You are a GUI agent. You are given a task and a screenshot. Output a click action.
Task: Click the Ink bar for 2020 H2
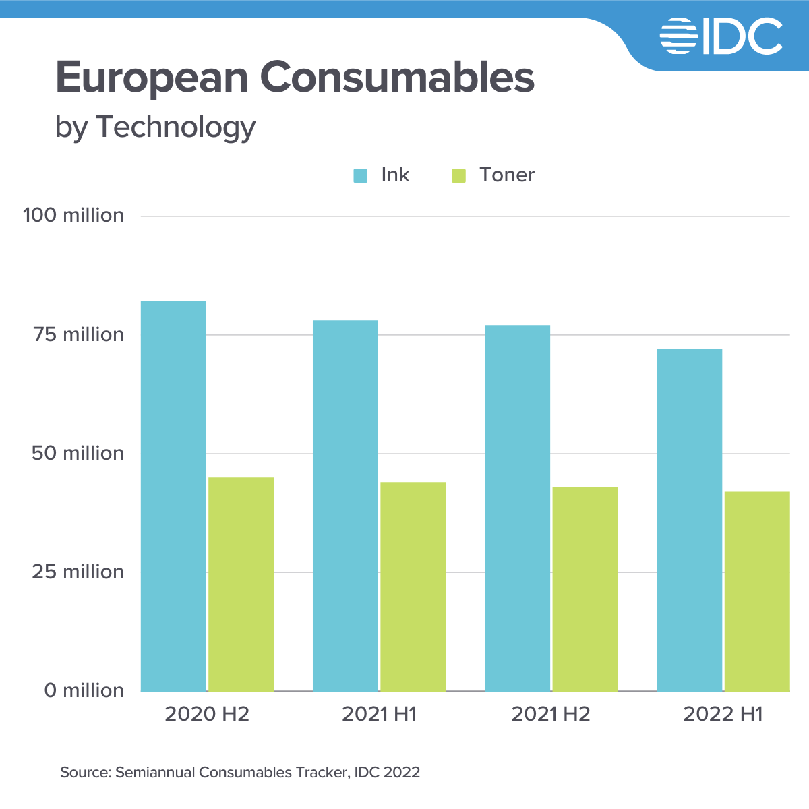point(173,496)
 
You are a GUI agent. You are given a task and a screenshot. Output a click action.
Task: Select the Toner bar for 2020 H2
point(241,584)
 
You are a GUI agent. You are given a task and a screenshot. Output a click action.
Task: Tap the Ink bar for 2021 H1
point(345,506)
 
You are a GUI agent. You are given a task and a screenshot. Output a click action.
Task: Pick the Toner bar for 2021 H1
point(413,587)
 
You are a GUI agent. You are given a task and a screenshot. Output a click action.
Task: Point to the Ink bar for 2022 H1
point(689,520)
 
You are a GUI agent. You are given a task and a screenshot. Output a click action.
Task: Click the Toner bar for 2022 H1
point(757,591)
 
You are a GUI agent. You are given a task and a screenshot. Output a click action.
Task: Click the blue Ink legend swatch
point(361,176)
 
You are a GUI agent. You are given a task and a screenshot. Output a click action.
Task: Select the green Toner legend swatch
point(459,176)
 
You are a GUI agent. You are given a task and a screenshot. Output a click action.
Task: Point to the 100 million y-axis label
point(73,216)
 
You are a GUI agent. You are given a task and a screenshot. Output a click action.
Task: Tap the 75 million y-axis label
point(79,334)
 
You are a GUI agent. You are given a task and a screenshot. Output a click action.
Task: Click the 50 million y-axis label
point(78,453)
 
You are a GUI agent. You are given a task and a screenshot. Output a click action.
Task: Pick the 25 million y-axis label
point(78,572)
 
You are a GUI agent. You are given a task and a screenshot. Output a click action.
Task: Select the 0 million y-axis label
point(84,690)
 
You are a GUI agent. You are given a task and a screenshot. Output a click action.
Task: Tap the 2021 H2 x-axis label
point(551,714)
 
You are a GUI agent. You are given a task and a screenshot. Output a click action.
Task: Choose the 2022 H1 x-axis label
point(723,714)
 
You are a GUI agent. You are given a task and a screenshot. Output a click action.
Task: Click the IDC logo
point(721,36)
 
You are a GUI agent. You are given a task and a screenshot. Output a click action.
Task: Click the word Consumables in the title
point(397,78)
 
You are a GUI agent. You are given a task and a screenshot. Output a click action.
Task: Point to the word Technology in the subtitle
point(176,127)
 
